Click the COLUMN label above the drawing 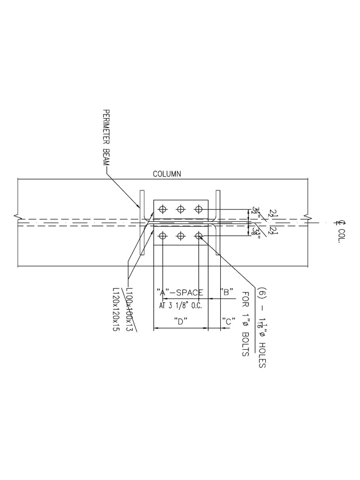point(167,174)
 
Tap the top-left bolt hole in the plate point(163,209)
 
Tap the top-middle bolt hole point(180,209)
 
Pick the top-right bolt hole point(198,209)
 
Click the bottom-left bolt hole point(163,235)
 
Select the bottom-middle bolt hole point(180,235)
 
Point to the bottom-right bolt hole point(198,235)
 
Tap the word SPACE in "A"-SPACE point(189,292)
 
